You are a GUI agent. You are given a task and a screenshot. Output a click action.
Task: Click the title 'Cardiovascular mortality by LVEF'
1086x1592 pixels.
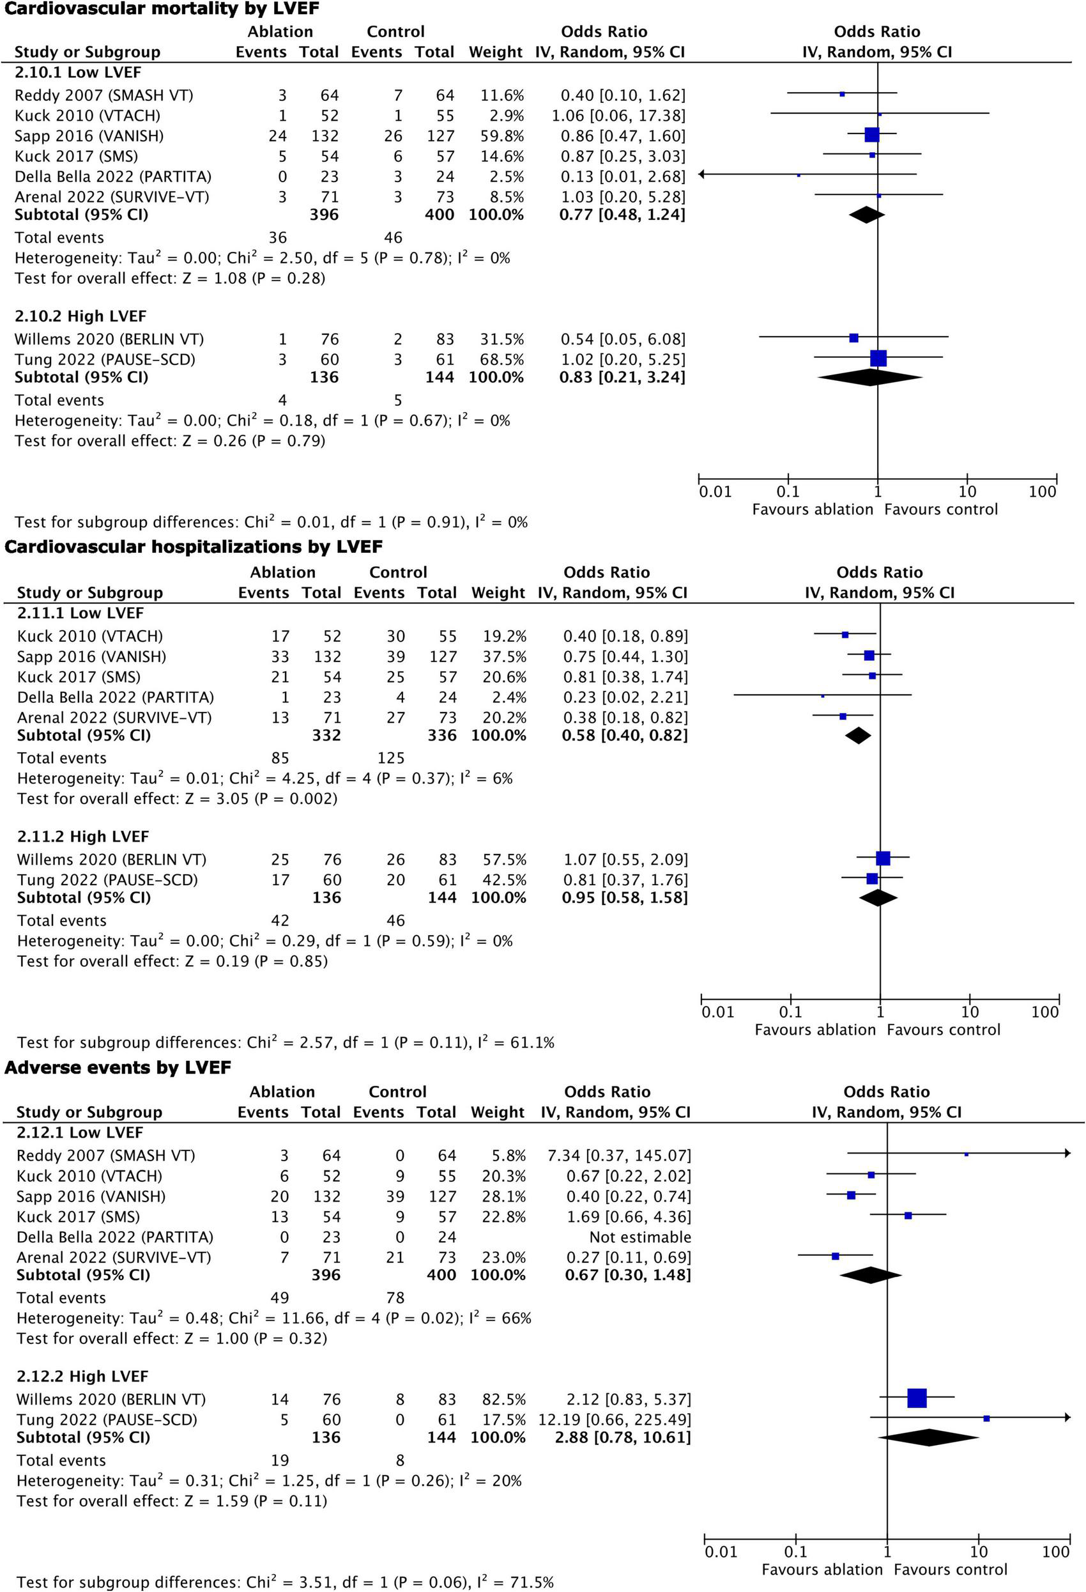pyautogui.click(x=162, y=9)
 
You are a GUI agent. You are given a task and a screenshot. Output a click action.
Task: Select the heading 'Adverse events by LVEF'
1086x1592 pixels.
pyautogui.click(x=118, y=1067)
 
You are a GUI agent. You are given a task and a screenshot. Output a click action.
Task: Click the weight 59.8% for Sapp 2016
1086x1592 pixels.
pyautogui.click(x=502, y=135)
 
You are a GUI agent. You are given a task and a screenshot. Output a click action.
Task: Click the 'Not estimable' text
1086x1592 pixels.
pyautogui.click(x=640, y=1237)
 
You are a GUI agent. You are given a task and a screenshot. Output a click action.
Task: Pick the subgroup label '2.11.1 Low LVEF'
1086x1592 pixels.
pyautogui.click(x=80, y=612)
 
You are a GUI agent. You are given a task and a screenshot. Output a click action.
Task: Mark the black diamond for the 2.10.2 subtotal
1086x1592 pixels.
pyautogui.click(x=869, y=377)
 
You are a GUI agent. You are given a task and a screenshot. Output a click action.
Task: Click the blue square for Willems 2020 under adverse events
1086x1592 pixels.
pyautogui.click(x=917, y=1398)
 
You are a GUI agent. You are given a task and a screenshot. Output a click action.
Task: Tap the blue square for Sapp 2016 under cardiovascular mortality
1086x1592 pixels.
pyautogui.click(x=872, y=135)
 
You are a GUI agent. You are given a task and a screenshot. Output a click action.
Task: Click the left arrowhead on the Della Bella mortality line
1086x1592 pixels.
pyautogui.click(x=702, y=174)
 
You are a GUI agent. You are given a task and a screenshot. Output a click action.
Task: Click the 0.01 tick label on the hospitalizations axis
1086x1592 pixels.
pyautogui.click(x=717, y=1012)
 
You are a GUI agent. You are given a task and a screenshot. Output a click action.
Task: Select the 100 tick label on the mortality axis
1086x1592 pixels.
pyautogui.click(x=1042, y=491)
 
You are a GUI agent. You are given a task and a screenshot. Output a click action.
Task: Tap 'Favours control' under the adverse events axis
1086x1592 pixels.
pyautogui.click(x=951, y=1570)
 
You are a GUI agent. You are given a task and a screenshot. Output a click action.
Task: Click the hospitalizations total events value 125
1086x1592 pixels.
pyautogui.click(x=391, y=757)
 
